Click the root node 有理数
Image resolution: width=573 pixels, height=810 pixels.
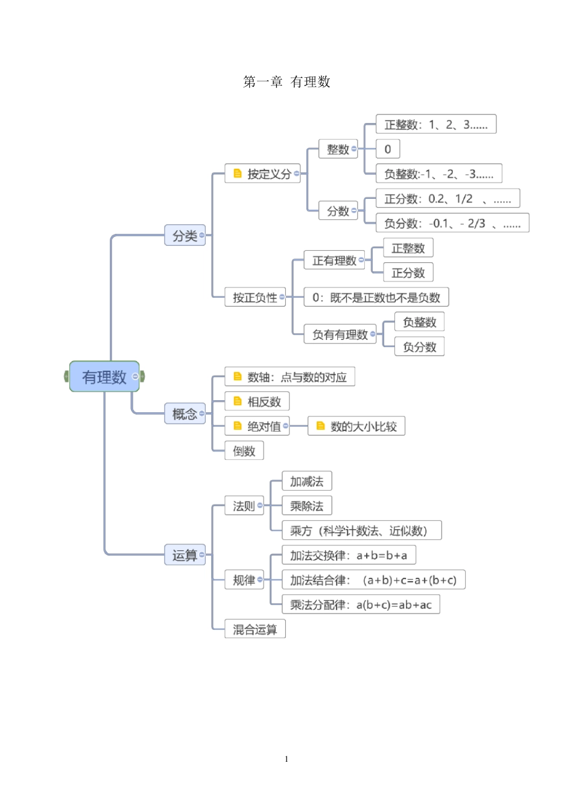104,377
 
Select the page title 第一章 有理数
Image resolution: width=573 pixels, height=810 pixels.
286,82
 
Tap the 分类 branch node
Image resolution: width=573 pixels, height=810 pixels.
185,236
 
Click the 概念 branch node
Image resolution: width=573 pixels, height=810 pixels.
185,414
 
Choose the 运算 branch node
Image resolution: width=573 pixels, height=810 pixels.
185,555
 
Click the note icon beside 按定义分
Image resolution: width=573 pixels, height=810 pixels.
238,174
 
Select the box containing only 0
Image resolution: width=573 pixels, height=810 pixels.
388,149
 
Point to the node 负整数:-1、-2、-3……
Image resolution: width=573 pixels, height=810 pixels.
438,174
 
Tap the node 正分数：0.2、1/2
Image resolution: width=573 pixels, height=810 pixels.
447,199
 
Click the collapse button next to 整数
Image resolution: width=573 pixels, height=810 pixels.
354,149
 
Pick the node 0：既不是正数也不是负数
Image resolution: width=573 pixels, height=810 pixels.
376,297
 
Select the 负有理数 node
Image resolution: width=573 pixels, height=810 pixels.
340,334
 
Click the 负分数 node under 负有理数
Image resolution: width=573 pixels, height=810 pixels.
419,347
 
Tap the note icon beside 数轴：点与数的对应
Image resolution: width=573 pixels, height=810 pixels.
238,377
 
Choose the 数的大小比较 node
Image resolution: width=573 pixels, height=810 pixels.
362,427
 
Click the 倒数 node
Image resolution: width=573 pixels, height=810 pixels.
244,451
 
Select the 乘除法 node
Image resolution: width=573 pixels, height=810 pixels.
306,506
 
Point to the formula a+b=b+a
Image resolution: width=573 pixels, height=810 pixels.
382,555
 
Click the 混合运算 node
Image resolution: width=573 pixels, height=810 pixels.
255,629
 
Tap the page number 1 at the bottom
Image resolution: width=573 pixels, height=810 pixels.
286,759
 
